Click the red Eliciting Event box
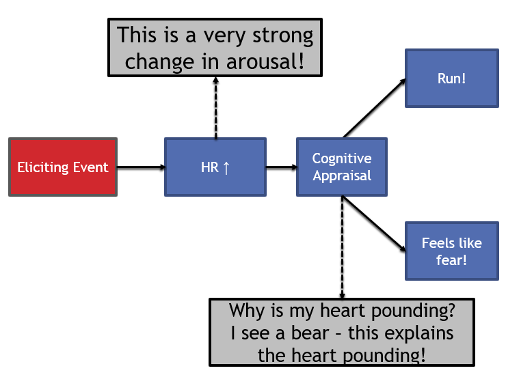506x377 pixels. tap(62, 167)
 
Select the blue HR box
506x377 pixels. tap(215, 167)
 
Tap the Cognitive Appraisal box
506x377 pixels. tap(341, 167)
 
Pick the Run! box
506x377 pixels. tap(451, 78)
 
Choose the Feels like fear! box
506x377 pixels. tap(451, 251)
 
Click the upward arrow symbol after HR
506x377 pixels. tap(226, 167)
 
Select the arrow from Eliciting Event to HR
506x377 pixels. tap(140, 167)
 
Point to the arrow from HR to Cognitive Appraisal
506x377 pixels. tap(280, 167)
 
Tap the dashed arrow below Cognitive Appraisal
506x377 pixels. tap(342, 246)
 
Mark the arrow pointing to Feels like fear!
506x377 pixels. tap(373, 222)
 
